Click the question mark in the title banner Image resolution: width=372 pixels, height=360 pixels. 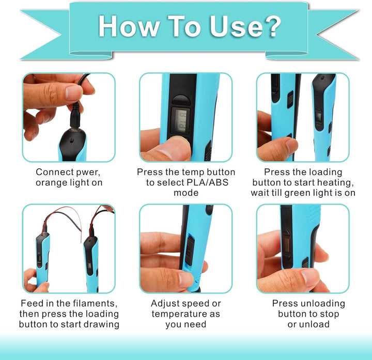click(271, 26)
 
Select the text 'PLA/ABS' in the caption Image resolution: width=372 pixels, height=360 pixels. click(207, 182)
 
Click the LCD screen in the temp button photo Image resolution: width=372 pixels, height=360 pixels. click(181, 121)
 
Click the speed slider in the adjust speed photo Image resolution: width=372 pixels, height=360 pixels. click(190, 251)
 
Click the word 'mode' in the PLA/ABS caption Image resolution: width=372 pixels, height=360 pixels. click(186, 193)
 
